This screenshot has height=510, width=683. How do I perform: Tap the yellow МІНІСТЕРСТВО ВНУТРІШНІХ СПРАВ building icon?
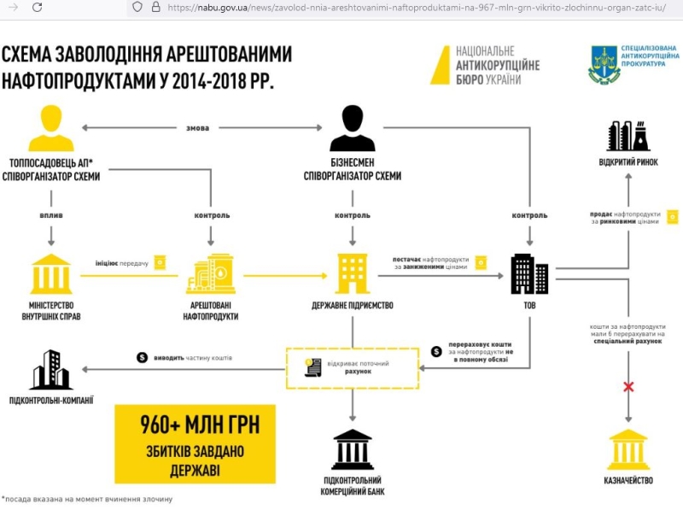[x=51, y=274]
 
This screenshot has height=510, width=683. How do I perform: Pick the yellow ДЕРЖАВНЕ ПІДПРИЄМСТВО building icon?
[x=353, y=273]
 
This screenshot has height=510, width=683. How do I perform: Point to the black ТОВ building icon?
[x=529, y=273]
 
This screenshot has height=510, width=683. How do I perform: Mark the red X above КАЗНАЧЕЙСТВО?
[x=629, y=387]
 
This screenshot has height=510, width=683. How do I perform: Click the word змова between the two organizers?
[x=197, y=128]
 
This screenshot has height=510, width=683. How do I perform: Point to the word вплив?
[x=51, y=215]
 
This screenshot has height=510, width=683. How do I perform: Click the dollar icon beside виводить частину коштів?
[x=143, y=357]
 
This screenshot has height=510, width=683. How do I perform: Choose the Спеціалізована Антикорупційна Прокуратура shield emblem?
[x=604, y=65]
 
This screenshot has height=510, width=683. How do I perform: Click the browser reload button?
[x=37, y=8]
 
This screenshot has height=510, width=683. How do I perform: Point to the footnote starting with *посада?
[x=87, y=499]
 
